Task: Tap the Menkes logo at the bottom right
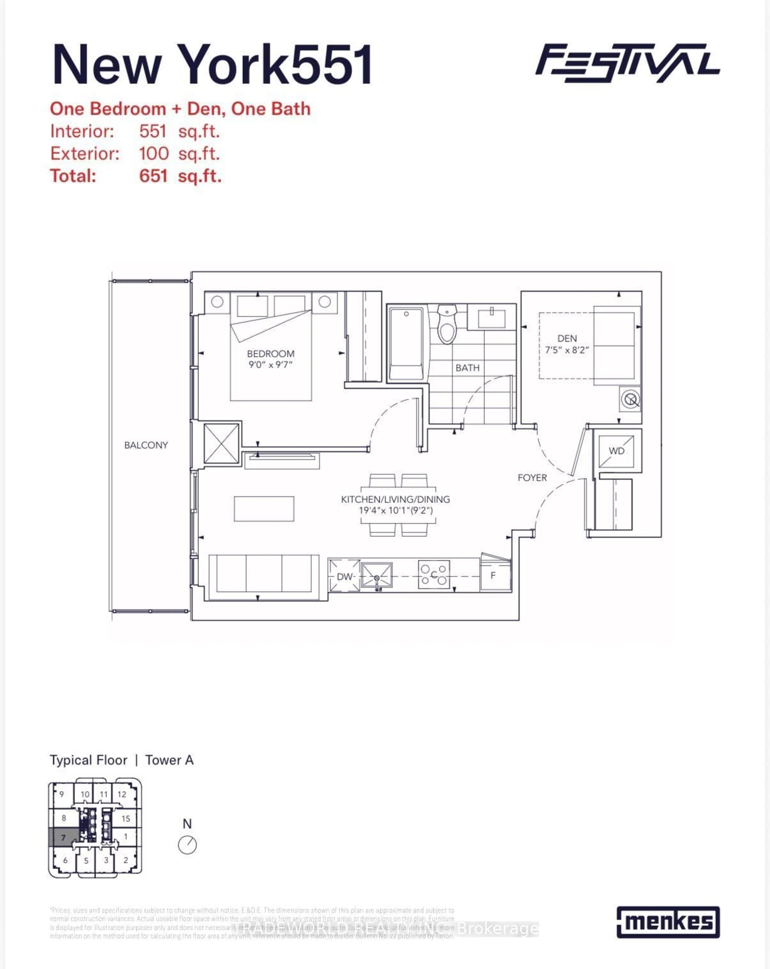(x=668, y=922)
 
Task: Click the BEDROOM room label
(x=271, y=354)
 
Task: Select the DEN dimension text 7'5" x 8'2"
(x=567, y=350)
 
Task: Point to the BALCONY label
(x=146, y=445)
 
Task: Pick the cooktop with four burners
(x=434, y=574)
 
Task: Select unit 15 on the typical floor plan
(x=126, y=819)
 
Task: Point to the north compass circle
(x=187, y=845)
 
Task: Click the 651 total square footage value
(x=153, y=176)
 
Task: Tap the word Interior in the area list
(x=82, y=131)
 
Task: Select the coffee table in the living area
(x=264, y=509)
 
